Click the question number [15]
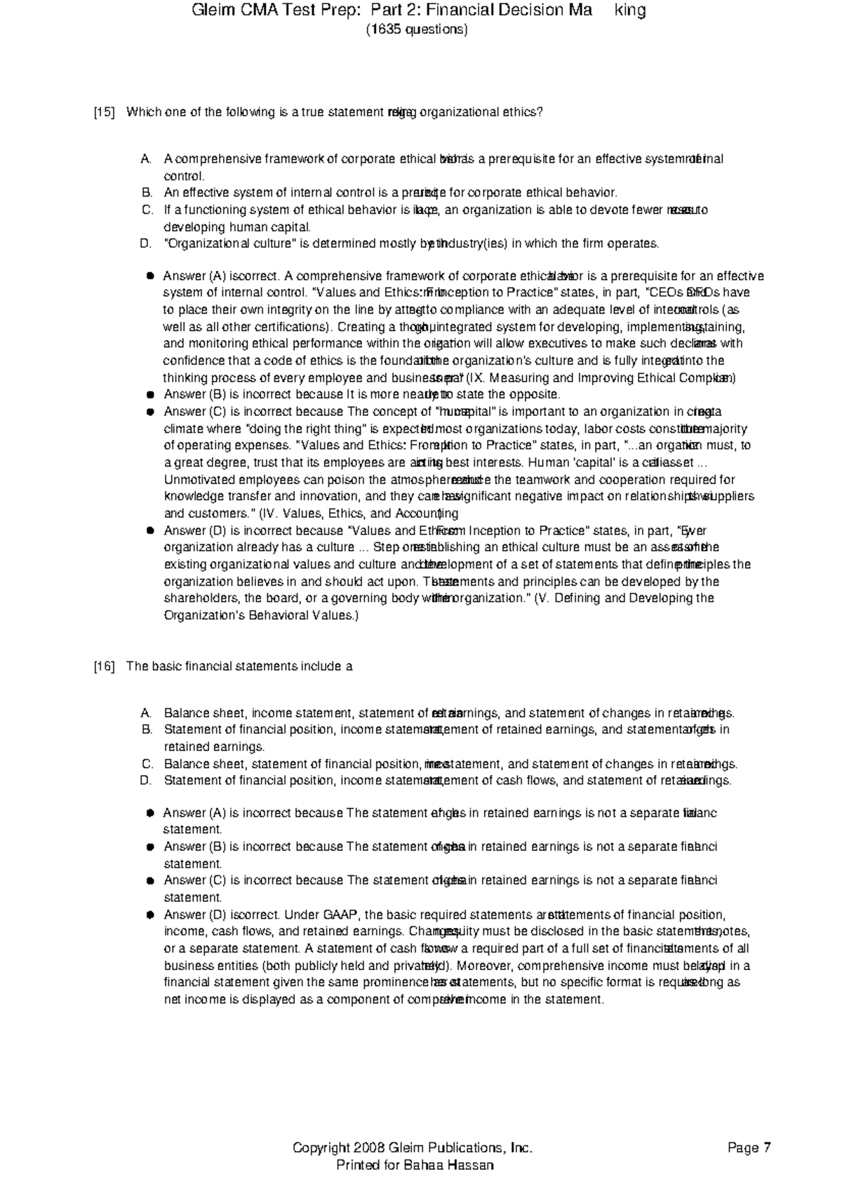click(x=105, y=113)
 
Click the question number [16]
click(x=105, y=666)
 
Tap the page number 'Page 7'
click(x=749, y=1148)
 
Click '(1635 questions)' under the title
click(x=416, y=29)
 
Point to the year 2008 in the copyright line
click(x=368, y=1148)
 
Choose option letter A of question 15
click(x=146, y=159)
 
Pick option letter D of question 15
click(x=146, y=244)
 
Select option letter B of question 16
click(x=146, y=729)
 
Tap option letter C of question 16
click(x=146, y=764)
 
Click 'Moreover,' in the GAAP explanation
click(x=488, y=966)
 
